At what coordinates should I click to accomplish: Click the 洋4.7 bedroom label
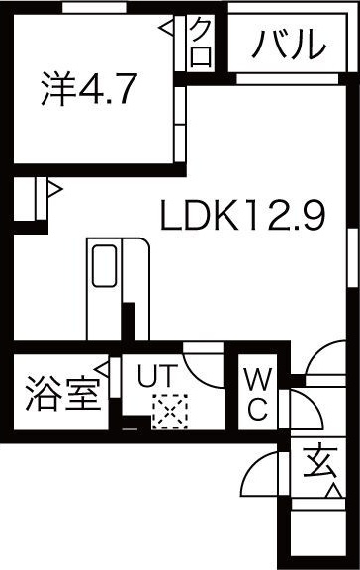point(89,88)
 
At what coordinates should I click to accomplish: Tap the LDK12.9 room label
point(242,215)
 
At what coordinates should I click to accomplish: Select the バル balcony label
point(289,44)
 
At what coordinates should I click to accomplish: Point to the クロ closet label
point(201,43)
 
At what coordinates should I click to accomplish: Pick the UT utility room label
point(157,375)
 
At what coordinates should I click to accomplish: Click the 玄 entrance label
point(318,462)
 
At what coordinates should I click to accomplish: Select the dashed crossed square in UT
point(170,412)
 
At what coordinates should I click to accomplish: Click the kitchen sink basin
point(104,266)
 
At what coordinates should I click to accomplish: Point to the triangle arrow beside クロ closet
point(166,28)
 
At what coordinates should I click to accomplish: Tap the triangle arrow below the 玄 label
point(334,491)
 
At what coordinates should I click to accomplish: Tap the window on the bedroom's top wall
point(94,7)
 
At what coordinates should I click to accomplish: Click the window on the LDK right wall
point(351,257)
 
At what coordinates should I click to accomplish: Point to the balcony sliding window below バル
point(288,79)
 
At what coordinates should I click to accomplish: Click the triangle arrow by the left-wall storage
point(54,189)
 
